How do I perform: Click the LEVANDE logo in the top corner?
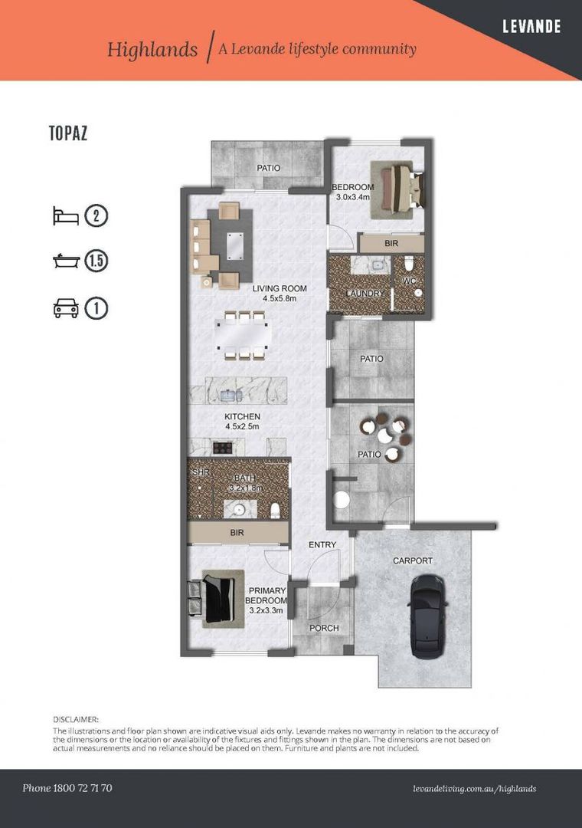531,27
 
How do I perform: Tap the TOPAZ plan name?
68,133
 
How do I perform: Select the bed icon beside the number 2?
66,216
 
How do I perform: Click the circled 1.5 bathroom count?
96,261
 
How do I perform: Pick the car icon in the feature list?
66,308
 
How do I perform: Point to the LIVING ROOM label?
280,289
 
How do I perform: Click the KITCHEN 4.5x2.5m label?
242,421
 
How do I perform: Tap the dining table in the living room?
243,335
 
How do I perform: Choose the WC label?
409,281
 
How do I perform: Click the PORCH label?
324,628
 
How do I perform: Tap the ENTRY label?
322,544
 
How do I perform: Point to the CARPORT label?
412,560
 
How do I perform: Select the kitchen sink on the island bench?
230,396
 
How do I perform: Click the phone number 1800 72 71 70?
67,788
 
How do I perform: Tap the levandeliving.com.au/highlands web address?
473,788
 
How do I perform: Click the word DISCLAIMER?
76,719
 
